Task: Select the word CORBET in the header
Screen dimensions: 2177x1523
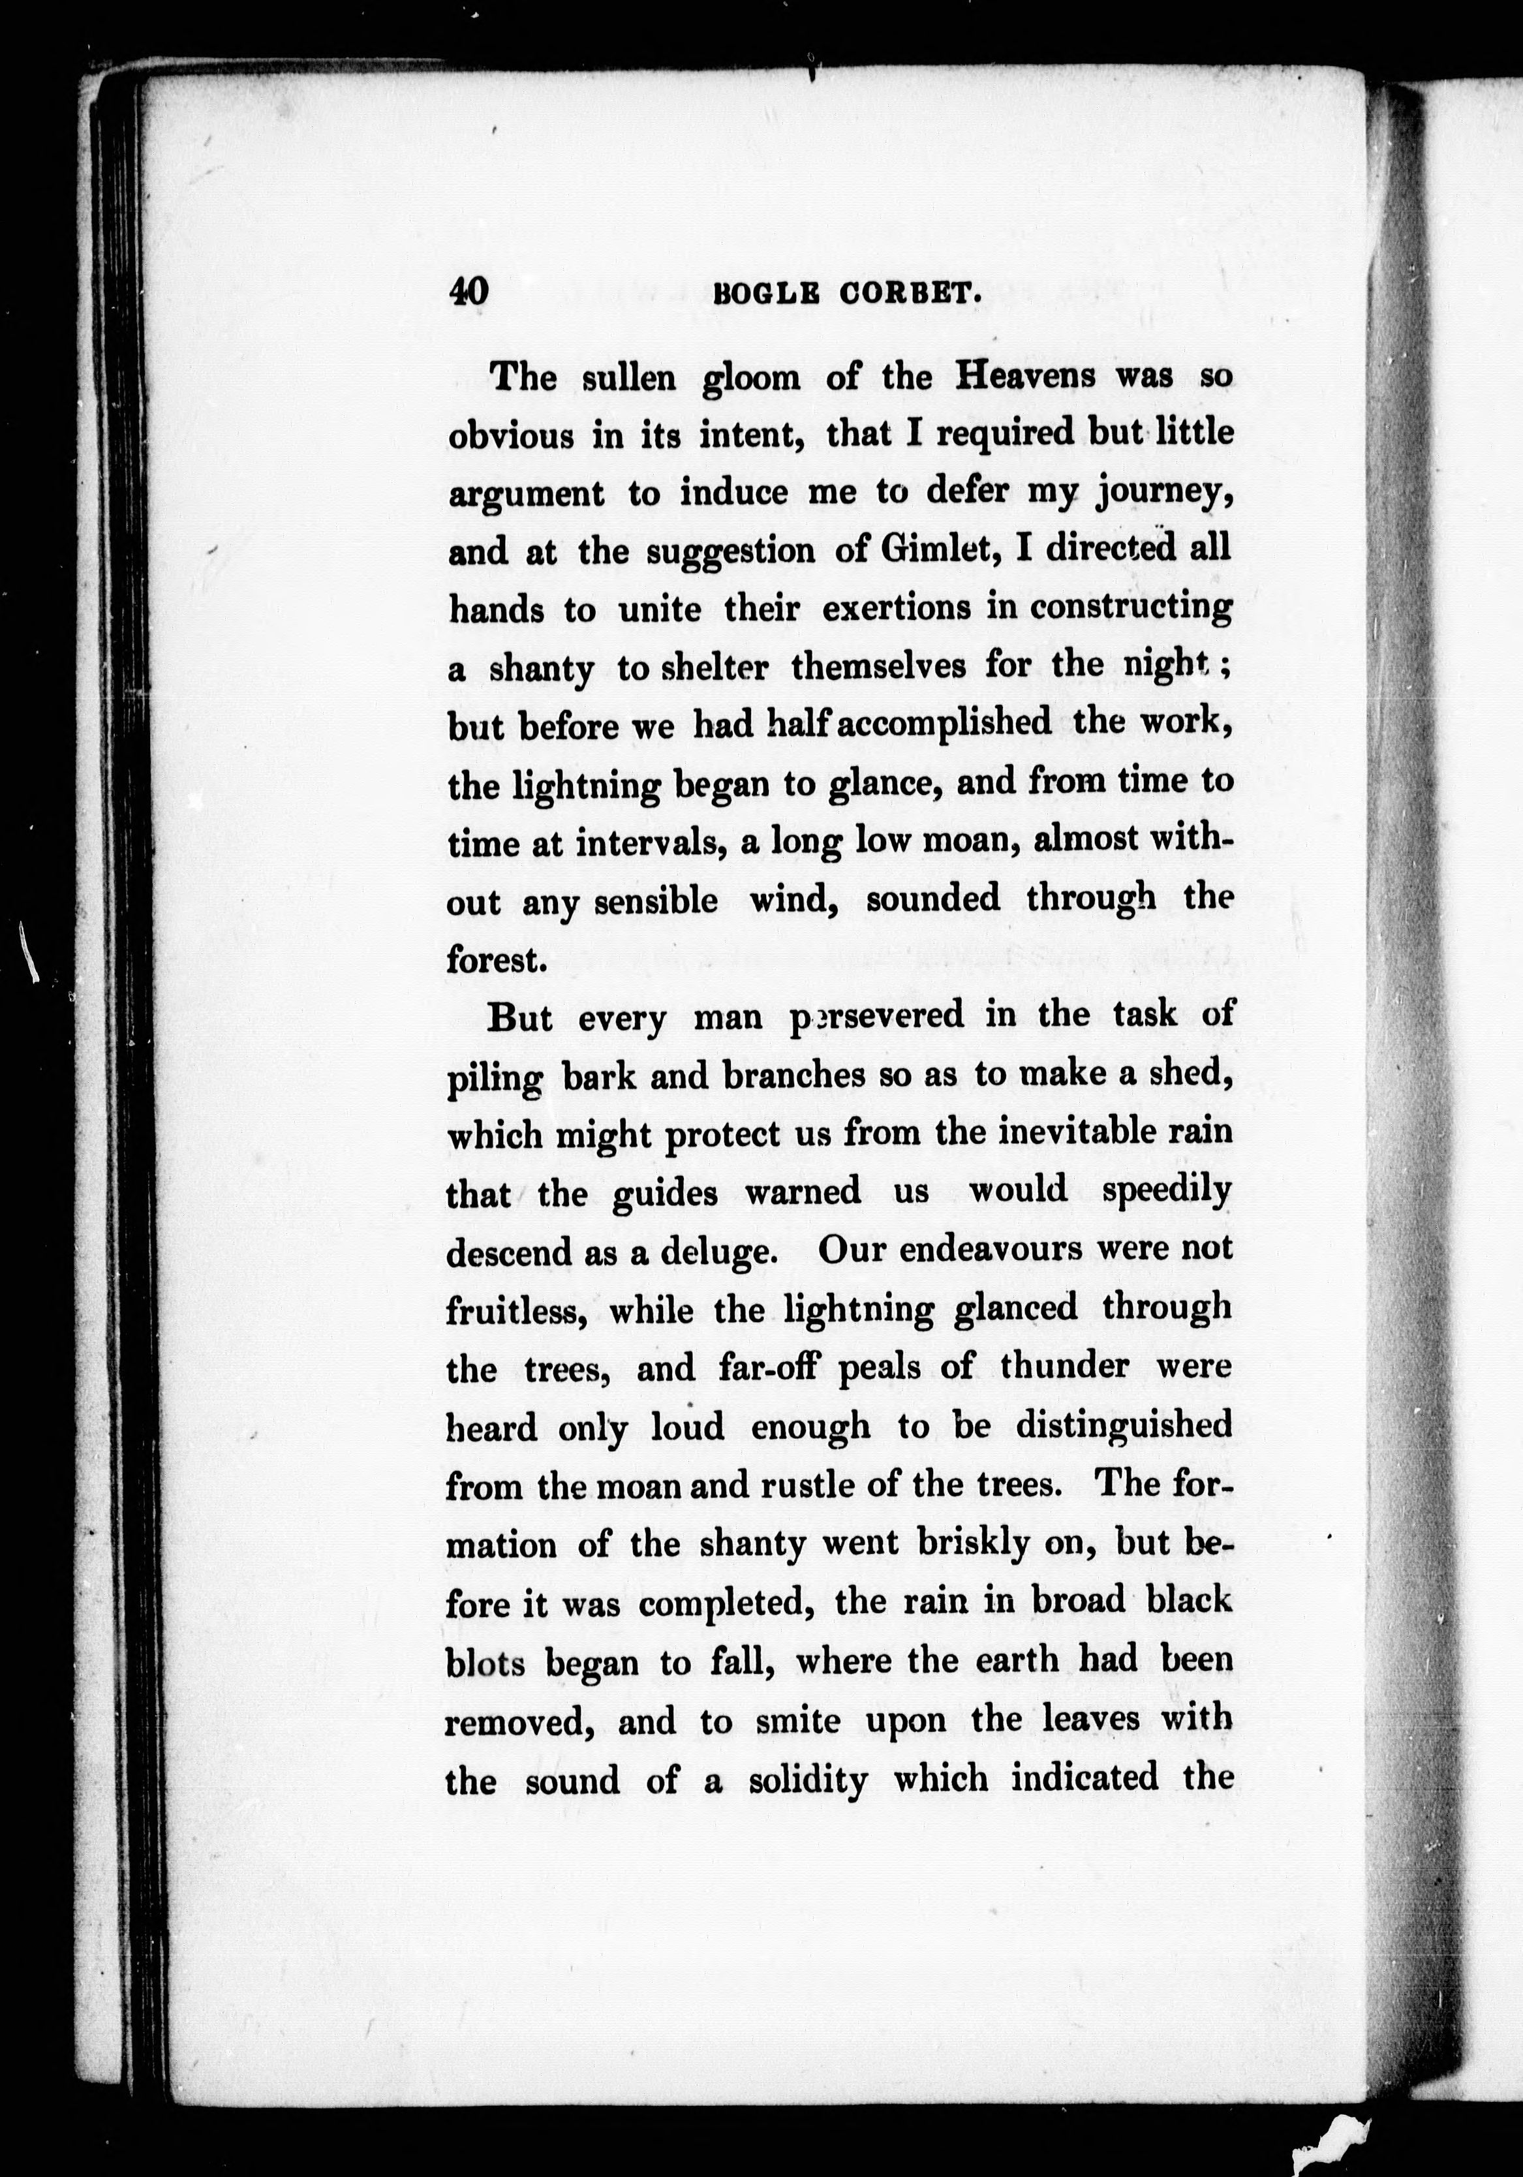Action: tap(908, 295)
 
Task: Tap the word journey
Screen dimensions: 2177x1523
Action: tap(1165, 494)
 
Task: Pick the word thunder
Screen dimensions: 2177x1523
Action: tap(1064, 1366)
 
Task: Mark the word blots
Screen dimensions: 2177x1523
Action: tap(485, 1662)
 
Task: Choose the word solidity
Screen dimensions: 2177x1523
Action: tap(807, 1780)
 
